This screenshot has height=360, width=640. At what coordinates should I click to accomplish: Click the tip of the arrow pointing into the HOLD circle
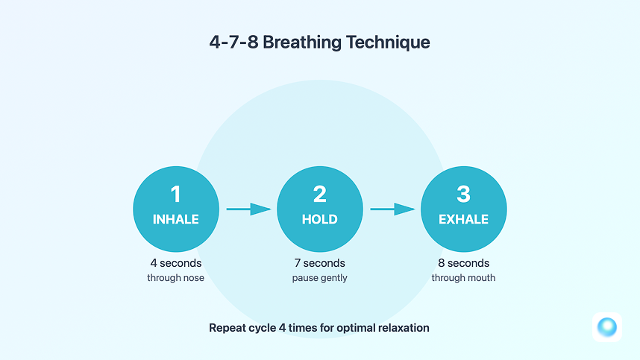click(x=272, y=209)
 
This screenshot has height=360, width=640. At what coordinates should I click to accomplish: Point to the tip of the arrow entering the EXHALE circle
click(x=415, y=209)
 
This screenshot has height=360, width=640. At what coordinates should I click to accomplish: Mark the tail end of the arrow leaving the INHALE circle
click(x=227, y=209)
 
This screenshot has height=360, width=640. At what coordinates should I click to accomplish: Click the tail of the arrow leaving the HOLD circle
click(x=370, y=209)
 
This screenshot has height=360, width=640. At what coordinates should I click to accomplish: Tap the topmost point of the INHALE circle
click(x=176, y=166)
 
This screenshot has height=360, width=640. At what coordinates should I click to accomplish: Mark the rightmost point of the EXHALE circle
click(x=507, y=209)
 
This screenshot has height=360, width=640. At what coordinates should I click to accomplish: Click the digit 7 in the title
click(x=233, y=42)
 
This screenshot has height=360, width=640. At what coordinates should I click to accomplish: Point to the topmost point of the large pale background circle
click(x=319, y=80)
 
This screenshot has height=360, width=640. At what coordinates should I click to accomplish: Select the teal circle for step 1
click(x=176, y=209)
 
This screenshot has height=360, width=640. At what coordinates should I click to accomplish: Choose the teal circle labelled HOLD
click(x=319, y=209)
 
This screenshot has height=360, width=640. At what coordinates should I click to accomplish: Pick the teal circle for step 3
click(x=464, y=209)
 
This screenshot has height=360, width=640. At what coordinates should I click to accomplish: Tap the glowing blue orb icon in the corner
click(x=607, y=327)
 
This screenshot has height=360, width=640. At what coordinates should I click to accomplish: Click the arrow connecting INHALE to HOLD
click(x=249, y=209)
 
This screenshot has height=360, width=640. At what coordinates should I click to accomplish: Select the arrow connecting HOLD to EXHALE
click(x=393, y=209)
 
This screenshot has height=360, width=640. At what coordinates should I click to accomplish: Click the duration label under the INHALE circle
click(x=176, y=263)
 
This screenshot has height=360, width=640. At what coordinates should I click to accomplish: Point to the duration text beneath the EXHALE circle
click(x=464, y=263)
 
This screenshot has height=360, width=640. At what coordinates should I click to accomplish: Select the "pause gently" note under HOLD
click(x=319, y=278)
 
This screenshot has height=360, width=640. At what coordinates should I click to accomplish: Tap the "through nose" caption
click(x=175, y=278)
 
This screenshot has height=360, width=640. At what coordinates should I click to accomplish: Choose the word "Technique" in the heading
click(x=388, y=42)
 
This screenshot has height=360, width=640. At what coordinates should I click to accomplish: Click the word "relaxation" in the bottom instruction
click(x=404, y=328)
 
